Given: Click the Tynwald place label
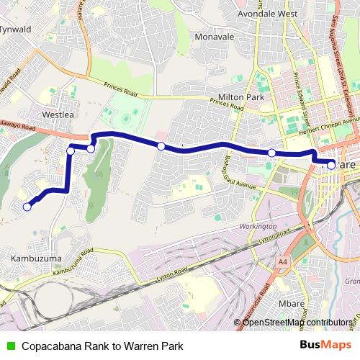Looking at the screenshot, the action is pyautogui.click(x=17, y=30).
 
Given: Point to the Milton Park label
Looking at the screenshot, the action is pyautogui.click(x=241, y=97).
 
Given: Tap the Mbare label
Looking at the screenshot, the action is pyautogui.click(x=291, y=305).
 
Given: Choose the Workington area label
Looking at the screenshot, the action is pyautogui.click(x=256, y=227).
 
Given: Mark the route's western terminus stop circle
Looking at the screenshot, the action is pyautogui.click(x=27, y=207).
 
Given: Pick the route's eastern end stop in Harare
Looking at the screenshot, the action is pyautogui.click(x=330, y=165).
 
